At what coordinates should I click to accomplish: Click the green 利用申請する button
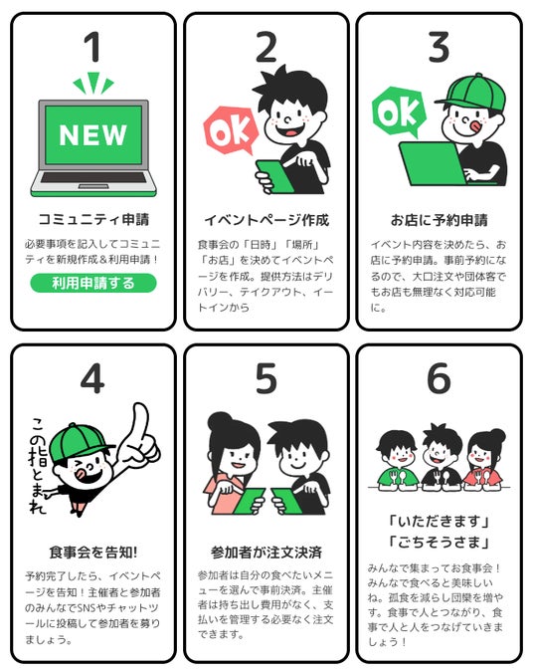[93, 283]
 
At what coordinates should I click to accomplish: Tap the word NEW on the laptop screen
[93, 135]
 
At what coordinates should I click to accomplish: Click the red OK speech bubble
[231, 130]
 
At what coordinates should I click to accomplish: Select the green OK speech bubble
[398, 112]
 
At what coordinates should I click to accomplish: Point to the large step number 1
[92, 47]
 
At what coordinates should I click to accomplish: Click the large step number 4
[92, 378]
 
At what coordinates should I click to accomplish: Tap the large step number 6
[439, 378]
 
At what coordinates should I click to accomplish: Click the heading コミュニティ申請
[93, 220]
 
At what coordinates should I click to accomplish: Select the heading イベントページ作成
[266, 220]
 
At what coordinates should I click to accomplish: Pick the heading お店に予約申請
[440, 220]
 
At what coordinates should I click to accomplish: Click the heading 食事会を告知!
[93, 553]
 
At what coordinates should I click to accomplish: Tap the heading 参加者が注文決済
[266, 553]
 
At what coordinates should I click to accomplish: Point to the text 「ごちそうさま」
[439, 542]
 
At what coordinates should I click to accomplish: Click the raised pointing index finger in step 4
[138, 422]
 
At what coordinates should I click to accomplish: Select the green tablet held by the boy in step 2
[274, 176]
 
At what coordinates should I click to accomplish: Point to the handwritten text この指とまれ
[39, 465]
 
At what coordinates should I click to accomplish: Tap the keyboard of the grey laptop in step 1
[93, 178]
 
